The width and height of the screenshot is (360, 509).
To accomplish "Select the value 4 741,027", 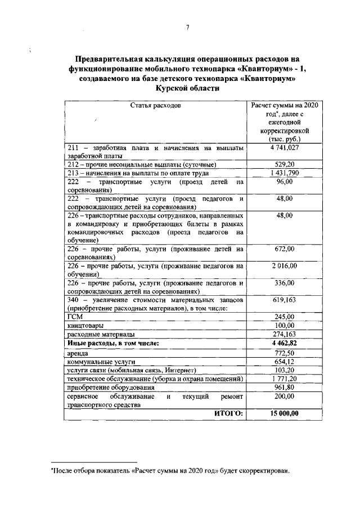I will coord(284,148).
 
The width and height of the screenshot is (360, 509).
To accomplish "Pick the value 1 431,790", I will coord(284,173).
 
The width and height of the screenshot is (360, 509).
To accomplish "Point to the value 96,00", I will coord(284,182).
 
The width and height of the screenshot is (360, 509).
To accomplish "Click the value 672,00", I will coord(284,248).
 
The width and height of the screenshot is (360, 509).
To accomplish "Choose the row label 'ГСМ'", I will coord(75,317).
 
